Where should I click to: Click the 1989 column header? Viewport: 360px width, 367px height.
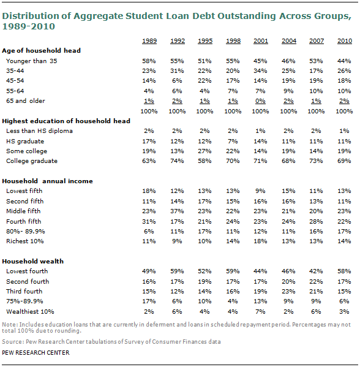(x=149, y=40)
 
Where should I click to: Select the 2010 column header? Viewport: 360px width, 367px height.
(x=344, y=40)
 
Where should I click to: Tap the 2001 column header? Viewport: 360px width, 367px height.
(x=261, y=40)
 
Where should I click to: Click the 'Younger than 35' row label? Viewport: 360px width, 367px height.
(x=32, y=61)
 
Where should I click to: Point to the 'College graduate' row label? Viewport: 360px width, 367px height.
(x=32, y=161)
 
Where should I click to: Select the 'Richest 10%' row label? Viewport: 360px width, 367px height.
(x=24, y=241)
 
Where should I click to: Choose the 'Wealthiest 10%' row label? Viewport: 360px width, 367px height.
(x=30, y=312)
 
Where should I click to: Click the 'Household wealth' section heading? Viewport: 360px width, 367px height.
(x=32, y=261)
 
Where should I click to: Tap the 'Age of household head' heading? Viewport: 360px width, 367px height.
(x=41, y=51)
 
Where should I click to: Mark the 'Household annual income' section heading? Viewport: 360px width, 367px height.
(x=47, y=181)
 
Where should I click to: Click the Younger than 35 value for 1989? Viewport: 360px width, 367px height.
(x=149, y=61)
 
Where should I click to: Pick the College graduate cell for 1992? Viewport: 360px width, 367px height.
(x=177, y=161)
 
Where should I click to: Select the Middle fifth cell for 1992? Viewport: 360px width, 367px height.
(x=177, y=211)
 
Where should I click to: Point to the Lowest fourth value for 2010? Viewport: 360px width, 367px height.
(x=344, y=271)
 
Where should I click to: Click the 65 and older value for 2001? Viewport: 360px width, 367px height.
(x=260, y=101)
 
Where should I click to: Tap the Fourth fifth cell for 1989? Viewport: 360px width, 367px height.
(x=149, y=221)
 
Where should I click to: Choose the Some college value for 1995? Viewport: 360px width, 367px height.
(x=204, y=151)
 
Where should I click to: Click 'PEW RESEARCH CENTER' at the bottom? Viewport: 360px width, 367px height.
(x=36, y=353)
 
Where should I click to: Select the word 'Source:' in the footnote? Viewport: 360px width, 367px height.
(x=13, y=342)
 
